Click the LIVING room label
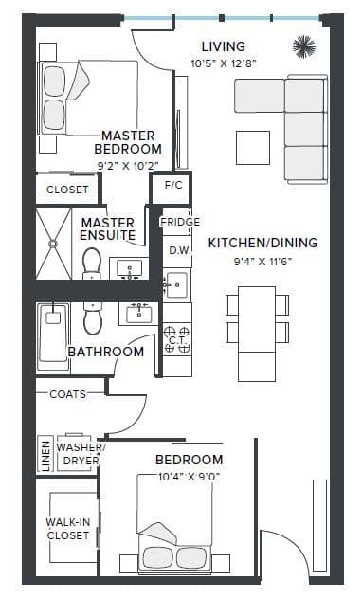click(x=224, y=46)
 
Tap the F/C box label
click(x=173, y=185)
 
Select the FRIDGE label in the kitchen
click(x=179, y=222)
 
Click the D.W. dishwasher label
click(x=179, y=250)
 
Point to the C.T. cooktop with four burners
click(x=176, y=338)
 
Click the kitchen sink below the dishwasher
click(x=176, y=281)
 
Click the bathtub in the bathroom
click(x=52, y=336)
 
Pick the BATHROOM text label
click(x=105, y=352)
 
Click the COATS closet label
click(x=67, y=393)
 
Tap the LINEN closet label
click(x=45, y=454)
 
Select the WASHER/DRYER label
click(x=81, y=454)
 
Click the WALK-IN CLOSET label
click(x=67, y=529)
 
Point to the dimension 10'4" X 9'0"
click(x=189, y=478)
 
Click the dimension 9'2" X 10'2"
click(x=129, y=164)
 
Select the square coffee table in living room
click(x=253, y=146)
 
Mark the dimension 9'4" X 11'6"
click(x=262, y=261)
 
